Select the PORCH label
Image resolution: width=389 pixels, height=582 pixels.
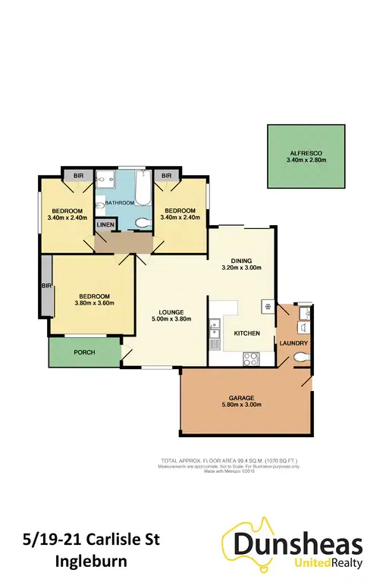(84, 352)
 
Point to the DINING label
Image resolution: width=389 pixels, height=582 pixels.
(241, 259)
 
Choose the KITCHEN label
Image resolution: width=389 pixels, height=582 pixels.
(247, 333)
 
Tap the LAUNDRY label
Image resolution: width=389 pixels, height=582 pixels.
(293, 343)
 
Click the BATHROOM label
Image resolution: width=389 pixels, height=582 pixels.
(119, 203)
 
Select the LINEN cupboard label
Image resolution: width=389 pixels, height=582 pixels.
(105, 225)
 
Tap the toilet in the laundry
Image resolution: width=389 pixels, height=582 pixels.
(303, 356)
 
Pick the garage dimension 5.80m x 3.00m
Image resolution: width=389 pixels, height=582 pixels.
(245, 405)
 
